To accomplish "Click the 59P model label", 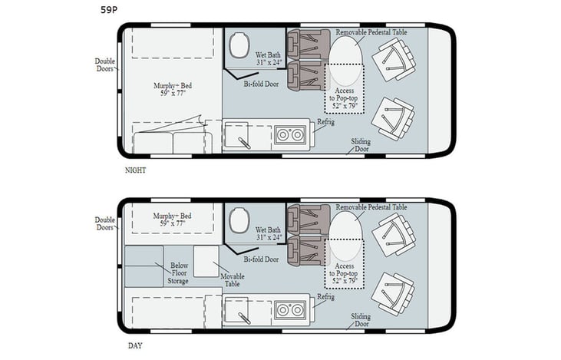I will [x=111, y=10].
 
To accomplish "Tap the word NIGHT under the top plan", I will [x=136, y=170].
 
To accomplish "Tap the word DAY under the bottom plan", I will [x=134, y=345].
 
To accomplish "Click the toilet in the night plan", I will [x=236, y=41].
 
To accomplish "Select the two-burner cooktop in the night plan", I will [x=291, y=135].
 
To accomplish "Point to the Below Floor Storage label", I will [x=179, y=272].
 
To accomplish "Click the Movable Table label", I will [x=231, y=279].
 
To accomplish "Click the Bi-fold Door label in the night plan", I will [x=261, y=84].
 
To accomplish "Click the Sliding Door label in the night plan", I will [x=361, y=146].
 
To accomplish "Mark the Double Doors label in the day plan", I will [x=105, y=223].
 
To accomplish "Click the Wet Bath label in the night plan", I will [x=269, y=58].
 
